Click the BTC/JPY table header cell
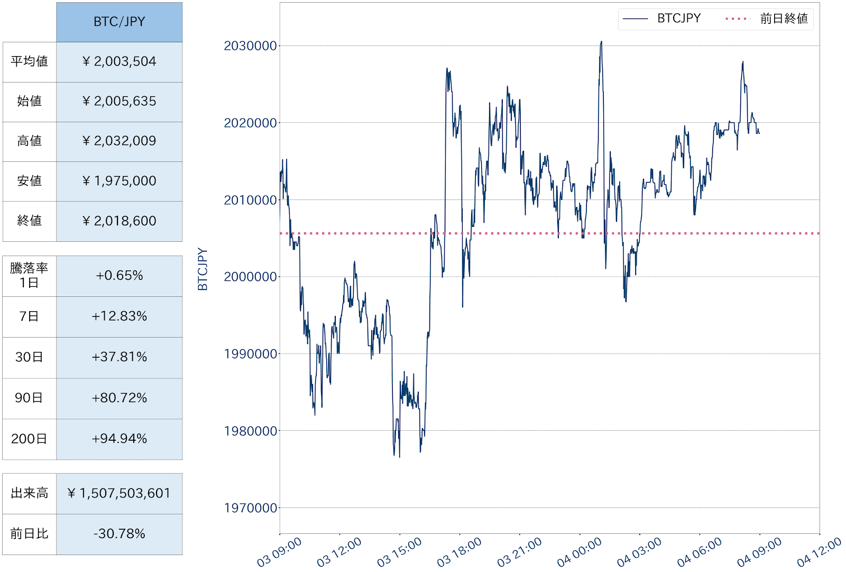tap(119, 22)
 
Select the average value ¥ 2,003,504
tap(119, 61)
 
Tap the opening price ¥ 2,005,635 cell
tap(119, 101)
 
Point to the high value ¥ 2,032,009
tap(119, 141)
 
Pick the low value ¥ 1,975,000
tap(119, 181)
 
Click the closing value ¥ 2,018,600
tap(119, 221)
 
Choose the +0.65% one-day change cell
tap(119, 276)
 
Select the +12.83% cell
tap(119, 316)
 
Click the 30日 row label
tap(29, 357)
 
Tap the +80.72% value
tap(119, 398)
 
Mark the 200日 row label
tap(29, 439)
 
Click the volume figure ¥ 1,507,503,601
tap(119, 493)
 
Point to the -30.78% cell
tap(119, 534)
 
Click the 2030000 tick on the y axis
tap(250, 46)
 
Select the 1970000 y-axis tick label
tap(250, 508)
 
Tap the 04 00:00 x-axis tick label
tap(580, 552)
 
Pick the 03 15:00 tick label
tap(400, 552)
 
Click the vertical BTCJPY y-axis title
tap(203, 269)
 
